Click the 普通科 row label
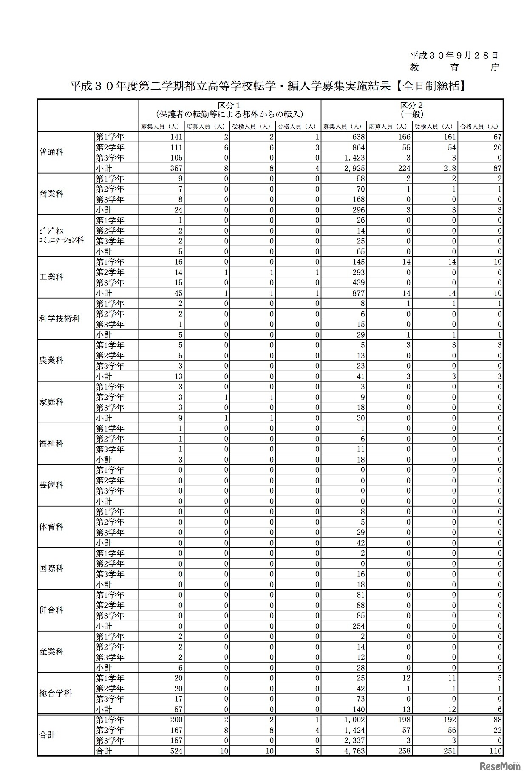tap(51, 152)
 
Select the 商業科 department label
tap(51, 194)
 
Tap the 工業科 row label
tap(51, 277)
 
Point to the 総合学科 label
tap(55, 694)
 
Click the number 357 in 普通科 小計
tap(176, 168)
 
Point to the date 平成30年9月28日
tap(454, 55)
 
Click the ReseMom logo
tap(500, 765)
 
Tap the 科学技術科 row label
tap(59, 319)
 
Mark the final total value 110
tap(495, 751)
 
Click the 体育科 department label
tap(51, 527)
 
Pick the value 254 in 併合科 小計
tap(358, 626)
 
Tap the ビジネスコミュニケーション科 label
tap(62, 236)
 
